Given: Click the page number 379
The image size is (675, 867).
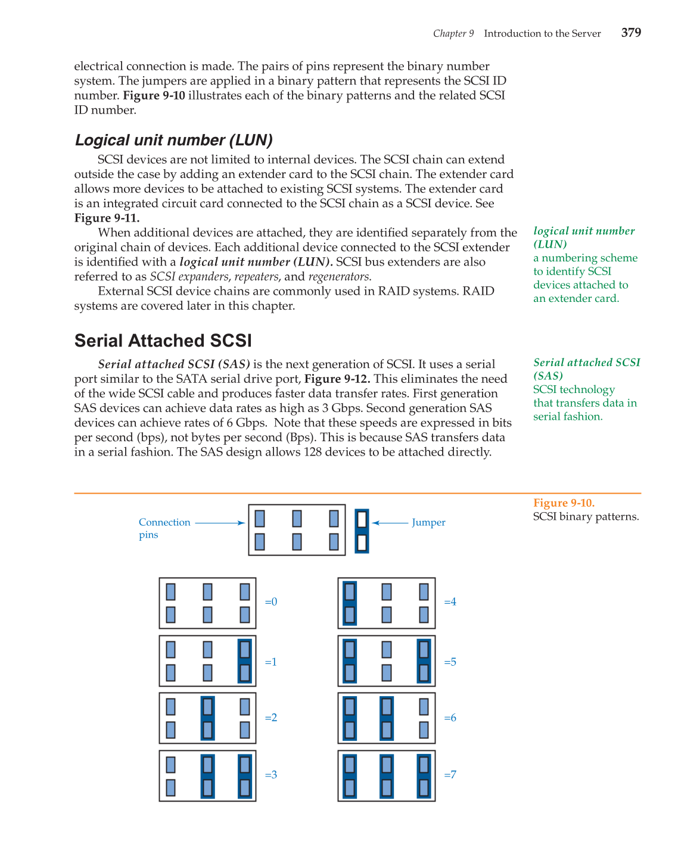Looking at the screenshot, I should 631,33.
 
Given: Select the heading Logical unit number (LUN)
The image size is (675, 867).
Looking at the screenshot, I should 173,140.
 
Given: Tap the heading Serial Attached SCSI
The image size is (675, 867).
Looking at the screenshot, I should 163,341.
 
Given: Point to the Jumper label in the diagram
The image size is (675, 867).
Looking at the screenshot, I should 428,522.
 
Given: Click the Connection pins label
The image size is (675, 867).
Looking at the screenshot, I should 164,528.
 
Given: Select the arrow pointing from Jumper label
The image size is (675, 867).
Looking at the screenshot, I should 390,523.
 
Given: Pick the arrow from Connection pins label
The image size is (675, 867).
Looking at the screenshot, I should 220,523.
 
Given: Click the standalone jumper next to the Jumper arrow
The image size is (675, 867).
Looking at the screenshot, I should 362,531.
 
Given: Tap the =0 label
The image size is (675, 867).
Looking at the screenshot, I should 271,602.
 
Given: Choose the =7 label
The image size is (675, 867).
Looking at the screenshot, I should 450,775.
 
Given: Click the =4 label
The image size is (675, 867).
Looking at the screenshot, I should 450,602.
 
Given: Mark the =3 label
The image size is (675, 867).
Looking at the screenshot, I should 271,775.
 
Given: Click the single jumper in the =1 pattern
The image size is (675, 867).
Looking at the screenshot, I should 245,661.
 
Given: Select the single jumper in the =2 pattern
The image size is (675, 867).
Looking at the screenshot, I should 208,718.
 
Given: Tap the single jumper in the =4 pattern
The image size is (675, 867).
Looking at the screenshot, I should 350,603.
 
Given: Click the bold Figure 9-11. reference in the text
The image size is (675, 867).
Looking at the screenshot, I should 107,218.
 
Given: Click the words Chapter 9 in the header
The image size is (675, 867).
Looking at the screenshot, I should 453,33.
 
